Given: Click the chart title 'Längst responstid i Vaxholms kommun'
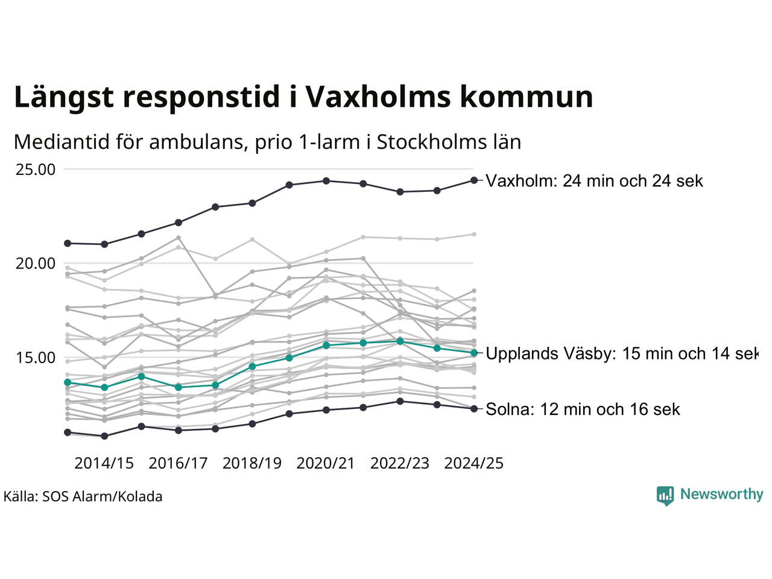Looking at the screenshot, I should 303,97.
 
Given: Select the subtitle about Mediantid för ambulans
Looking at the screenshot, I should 267,142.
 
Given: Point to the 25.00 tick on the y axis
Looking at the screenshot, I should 36,169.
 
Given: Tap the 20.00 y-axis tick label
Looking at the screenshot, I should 36,264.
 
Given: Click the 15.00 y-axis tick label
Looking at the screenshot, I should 36,358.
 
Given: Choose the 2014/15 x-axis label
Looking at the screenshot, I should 104,463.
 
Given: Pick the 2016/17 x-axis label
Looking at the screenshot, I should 178,463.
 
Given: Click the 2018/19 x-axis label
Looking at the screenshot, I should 252,463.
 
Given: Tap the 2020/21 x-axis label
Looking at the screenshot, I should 326,463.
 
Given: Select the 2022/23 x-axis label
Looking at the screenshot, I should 400,463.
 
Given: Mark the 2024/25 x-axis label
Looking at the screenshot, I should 473,463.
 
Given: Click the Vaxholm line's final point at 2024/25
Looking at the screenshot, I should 474,180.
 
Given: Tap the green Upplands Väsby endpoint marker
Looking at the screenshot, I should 474,353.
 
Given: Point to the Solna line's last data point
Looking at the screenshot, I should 474,409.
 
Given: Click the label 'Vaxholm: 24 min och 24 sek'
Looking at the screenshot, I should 595,181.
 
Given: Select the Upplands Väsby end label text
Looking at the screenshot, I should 621,353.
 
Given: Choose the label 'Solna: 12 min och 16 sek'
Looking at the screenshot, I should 583,410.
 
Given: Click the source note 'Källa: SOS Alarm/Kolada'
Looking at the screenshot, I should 83,497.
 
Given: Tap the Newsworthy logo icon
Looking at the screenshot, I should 665,495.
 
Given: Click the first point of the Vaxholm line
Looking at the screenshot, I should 68,243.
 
